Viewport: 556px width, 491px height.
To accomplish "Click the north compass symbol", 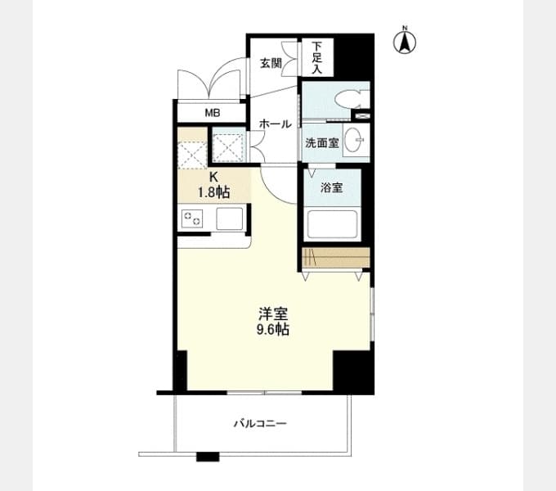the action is [x=405, y=40].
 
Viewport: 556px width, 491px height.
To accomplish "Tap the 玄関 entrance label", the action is [x=271, y=64].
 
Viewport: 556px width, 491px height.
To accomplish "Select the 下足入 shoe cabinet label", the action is [x=317, y=57].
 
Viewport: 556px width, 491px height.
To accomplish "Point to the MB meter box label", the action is [x=213, y=113].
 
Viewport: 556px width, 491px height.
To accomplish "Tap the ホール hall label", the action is [x=276, y=124].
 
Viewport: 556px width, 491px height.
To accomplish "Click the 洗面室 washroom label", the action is [x=322, y=143].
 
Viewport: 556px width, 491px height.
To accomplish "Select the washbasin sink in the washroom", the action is [x=355, y=140].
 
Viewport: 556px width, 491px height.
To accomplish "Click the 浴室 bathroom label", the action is [x=331, y=187].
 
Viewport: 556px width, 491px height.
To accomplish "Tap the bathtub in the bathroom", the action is [x=332, y=224].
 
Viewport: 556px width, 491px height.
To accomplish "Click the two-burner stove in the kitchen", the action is [x=192, y=218].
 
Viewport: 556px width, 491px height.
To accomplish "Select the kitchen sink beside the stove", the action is [x=230, y=218].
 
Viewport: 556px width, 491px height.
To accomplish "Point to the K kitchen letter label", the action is [x=213, y=177].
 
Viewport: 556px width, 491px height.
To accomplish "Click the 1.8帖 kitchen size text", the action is [x=213, y=192].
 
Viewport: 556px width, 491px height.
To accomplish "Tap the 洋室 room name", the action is [x=272, y=313].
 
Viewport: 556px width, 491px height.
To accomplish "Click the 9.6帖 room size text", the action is [x=272, y=330].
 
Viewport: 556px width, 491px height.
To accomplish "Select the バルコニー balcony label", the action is [x=260, y=424].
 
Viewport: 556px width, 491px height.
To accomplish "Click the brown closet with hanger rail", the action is [x=336, y=258].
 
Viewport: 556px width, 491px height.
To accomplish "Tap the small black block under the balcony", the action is [x=208, y=457].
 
